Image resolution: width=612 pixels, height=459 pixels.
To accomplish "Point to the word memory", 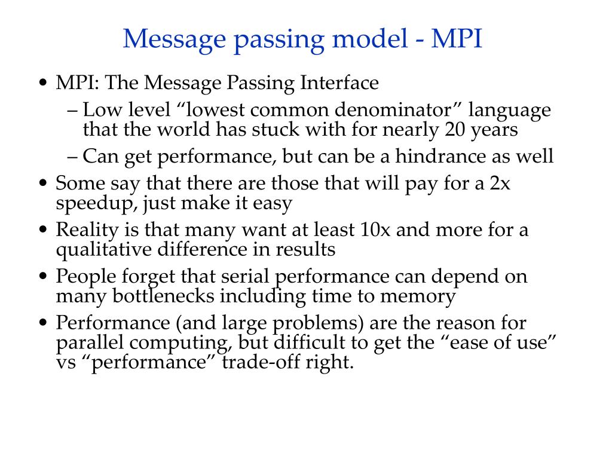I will point(418,296).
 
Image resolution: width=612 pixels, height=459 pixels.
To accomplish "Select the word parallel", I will point(86,342).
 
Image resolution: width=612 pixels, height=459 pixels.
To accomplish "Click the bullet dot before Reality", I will point(43,231).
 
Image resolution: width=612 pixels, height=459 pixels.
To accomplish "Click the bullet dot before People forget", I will point(43,277).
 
